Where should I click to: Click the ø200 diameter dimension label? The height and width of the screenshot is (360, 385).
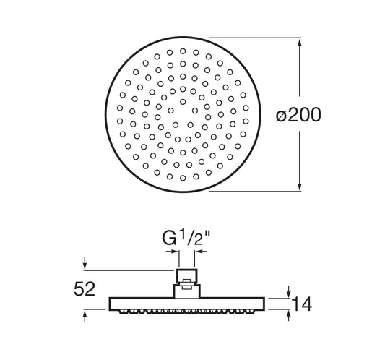(298, 115)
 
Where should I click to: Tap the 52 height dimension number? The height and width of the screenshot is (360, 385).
(85, 289)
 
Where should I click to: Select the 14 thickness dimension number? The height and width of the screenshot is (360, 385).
(301, 304)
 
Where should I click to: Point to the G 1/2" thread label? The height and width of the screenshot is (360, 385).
(186, 238)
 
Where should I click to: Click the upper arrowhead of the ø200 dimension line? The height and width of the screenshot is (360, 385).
(299, 42)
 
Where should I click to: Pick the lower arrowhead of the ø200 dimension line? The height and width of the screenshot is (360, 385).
(299, 187)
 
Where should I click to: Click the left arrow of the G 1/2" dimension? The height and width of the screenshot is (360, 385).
(172, 252)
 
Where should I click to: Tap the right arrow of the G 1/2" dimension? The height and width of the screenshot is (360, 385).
(201, 252)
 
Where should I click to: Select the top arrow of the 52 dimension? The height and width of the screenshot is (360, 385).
(85, 264)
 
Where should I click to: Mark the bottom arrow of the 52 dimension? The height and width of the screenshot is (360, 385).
(85, 315)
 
